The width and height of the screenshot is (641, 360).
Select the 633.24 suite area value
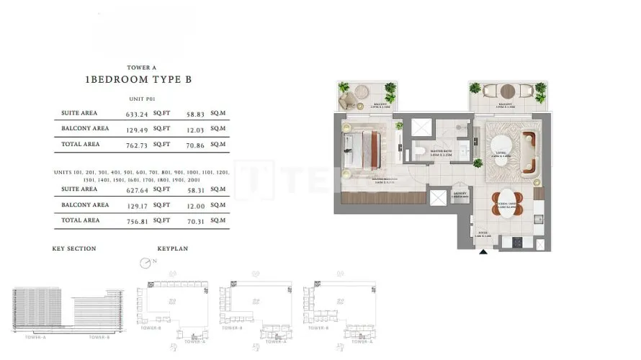tap(136, 114)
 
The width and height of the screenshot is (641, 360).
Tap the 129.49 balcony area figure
tap(136, 129)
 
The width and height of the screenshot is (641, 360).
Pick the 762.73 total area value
tap(136, 144)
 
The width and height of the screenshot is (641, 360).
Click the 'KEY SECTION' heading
tap(74, 249)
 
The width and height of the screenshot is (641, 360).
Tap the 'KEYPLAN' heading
tap(173, 249)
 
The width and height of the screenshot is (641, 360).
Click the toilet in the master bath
tap(418, 151)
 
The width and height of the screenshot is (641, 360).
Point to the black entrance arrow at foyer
tap(483, 250)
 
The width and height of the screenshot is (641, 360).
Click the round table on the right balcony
tap(508, 91)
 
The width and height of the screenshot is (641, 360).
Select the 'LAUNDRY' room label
tap(459, 193)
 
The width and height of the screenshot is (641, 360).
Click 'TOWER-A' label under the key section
tap(35, 337)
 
